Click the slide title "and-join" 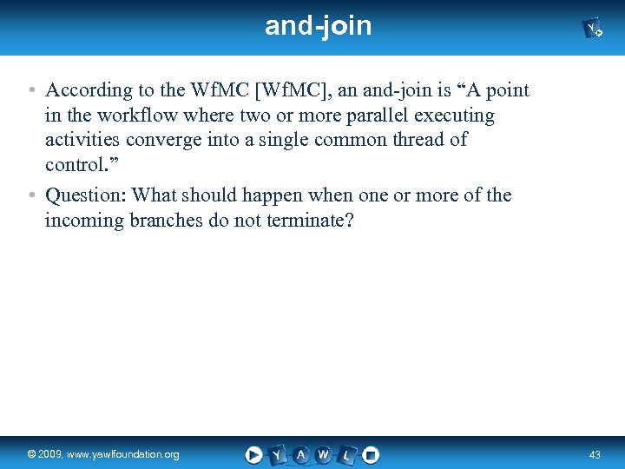(x=318, y=26)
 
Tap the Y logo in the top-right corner (x=594, y=30)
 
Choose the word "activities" (x=83, y=140)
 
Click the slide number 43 (x=595, y=454)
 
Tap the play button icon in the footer (x=253, y=454)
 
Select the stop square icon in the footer (x=371, y=454)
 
